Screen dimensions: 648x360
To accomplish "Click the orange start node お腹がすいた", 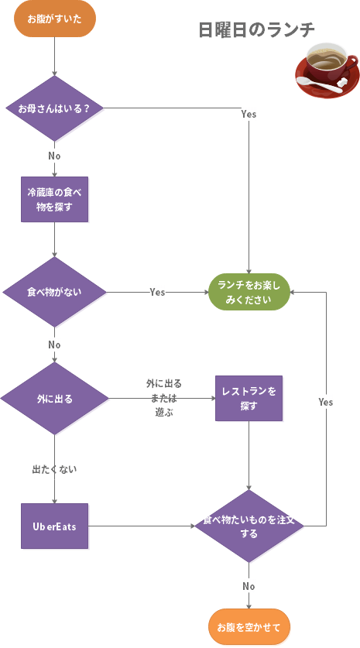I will [54, 19].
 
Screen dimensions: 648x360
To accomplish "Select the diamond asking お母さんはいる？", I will [54, 108].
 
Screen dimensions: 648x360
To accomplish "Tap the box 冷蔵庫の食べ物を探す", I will [54, 199].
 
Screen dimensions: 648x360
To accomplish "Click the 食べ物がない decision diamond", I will [54, 292].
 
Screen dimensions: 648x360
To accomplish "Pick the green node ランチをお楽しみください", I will [249, 292].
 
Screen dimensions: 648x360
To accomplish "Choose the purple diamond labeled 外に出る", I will [54, 399].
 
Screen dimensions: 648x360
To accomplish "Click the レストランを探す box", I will [249, 398].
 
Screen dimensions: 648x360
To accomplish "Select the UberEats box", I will [54, 526].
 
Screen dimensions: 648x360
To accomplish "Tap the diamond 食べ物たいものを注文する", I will [249, 526].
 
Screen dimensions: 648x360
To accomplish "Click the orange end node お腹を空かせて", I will [249, 626].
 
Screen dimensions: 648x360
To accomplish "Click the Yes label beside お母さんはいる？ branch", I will [249, 114].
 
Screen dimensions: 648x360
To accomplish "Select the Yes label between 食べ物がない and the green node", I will [157, 292].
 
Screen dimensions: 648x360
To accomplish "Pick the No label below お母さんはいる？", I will [54, 156].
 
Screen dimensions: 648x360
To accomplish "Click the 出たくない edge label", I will [54, 469].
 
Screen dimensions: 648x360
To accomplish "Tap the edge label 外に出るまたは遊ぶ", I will [163, 398].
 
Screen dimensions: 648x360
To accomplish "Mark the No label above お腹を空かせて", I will [249, 586].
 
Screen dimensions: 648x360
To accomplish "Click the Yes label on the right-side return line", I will [326, 403].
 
